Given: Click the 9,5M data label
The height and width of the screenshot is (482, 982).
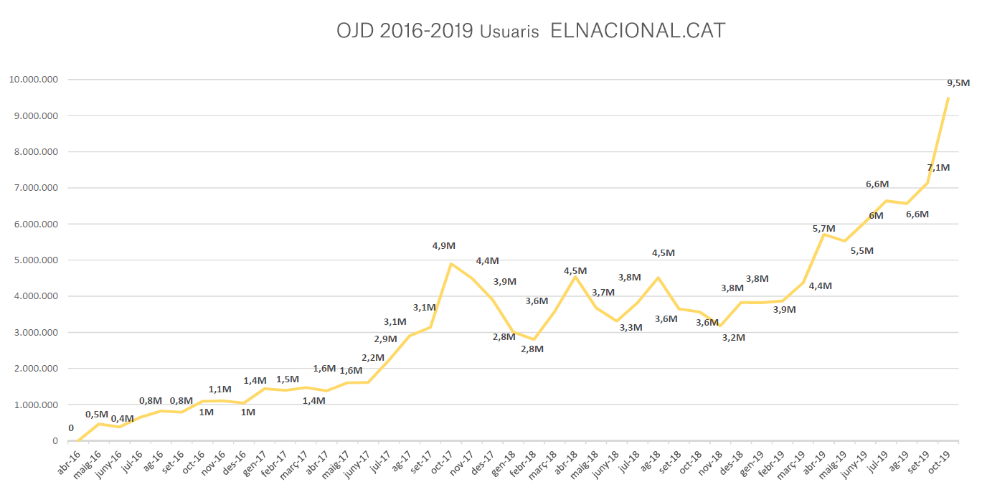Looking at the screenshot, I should point(958,83).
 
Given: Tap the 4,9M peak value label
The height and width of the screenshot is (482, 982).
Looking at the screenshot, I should point(443,246).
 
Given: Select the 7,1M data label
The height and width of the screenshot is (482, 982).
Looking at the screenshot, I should point(938,168).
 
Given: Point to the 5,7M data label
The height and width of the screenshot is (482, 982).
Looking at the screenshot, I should point(824,229).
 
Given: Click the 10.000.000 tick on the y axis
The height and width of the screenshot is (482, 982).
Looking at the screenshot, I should point(33,80).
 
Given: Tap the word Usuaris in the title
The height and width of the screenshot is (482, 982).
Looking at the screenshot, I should point(510,33).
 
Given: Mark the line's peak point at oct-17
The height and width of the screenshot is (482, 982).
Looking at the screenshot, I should point(450,264).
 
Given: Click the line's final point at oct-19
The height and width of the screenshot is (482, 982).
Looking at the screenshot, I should point(948,98).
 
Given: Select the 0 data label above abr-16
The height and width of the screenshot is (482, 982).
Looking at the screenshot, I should point(71,428).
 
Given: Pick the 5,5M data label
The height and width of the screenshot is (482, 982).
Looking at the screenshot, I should point(861,251).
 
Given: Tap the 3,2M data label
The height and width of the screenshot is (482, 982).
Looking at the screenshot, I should point(733,337).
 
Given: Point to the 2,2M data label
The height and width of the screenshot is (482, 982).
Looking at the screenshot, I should point(373,358).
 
